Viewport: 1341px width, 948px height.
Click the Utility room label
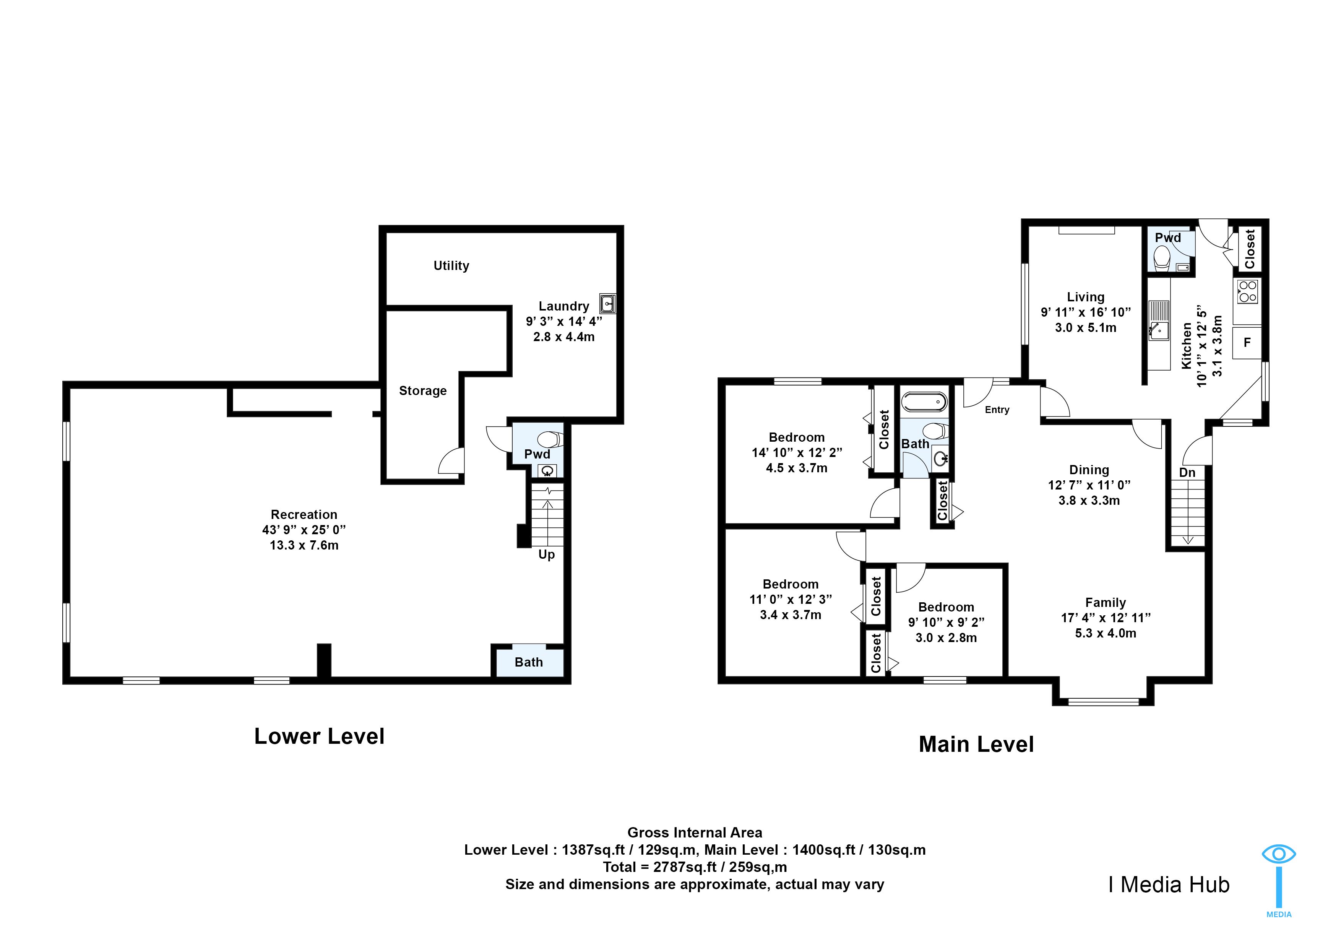click(451, 266)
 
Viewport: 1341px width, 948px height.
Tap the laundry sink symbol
click(607, 304)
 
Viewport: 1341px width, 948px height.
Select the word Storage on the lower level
click(423, 391)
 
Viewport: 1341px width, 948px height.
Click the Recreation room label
click(304, 515)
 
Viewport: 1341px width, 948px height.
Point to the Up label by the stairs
click(547, 554)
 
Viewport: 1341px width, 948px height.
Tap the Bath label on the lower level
click(529, 662)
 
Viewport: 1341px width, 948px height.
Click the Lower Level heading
click(320, 737)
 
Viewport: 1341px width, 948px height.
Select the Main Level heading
click(976, 745)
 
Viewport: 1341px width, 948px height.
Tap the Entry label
click(997, 410)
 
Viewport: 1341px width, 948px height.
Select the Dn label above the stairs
click(1187, 473)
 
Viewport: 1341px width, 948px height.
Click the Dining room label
click(1089, 470)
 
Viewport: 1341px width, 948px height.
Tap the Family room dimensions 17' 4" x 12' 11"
click(1106, 618)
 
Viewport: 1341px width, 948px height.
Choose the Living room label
click(1085, 297)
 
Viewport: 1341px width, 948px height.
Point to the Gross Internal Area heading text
click(695, 833)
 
